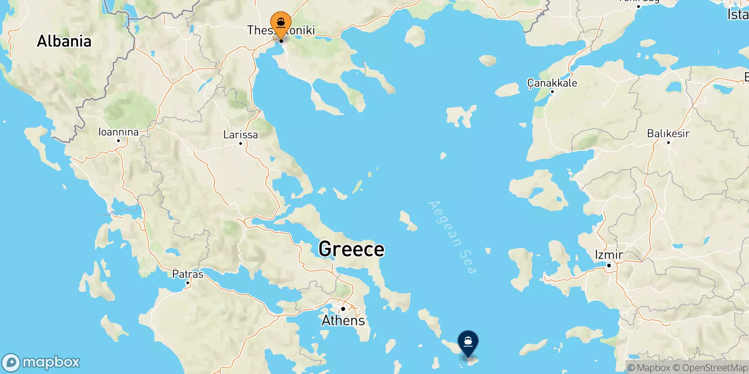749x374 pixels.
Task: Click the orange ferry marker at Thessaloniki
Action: (x=281, y=23)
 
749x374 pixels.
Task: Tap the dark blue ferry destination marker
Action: (x=468, y=343)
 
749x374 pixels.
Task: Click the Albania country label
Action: (x=64, y=41)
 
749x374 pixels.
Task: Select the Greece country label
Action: (x=351, y=249)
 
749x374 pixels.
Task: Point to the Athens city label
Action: (x=343, y=320)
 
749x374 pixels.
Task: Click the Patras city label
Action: (x=188, y=274)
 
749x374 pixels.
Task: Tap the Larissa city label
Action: (x=240, y=135)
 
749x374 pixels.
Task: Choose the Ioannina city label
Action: (x=118, y=132)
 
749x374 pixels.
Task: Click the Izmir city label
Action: (x=609, y=255)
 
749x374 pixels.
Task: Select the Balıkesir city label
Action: (x=668, y=133)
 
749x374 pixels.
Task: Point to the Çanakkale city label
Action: (x=552, y=83)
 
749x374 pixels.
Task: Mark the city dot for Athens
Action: (x=343, y=309)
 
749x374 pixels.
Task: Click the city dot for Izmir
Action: (x=609, y=266)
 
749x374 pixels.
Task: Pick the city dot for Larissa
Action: (x=241, y=144)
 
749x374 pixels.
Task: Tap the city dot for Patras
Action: (x=188, y=282)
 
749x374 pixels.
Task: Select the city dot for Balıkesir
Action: (x=668, y=142)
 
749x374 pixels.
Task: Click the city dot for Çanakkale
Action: (x=552, y=92)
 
